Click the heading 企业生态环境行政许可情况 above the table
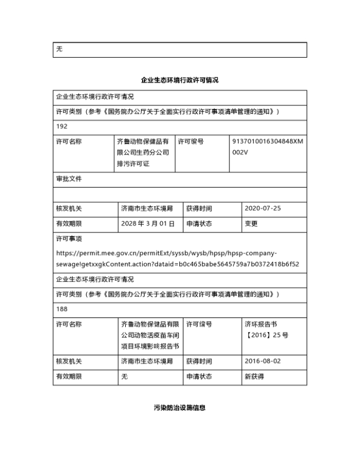(179, 80)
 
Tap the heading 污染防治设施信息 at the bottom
(179, 408)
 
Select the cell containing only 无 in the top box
(59, 50)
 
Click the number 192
(62, 126)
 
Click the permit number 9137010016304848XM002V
(267, 146)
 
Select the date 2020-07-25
(263, 208)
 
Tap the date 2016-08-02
(263, 361)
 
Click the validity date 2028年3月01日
(148, 223)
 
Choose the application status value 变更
(251, 223)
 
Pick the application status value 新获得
(254, 376)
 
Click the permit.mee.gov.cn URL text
(177, 259)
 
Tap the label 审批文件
(69, 179)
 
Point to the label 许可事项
(69, 239)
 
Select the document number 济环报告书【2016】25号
(266, 329)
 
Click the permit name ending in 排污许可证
(143, 152)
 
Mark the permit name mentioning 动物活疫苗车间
(150, 335)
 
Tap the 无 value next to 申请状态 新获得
(124, 376)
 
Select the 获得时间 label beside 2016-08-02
(199, 361)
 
